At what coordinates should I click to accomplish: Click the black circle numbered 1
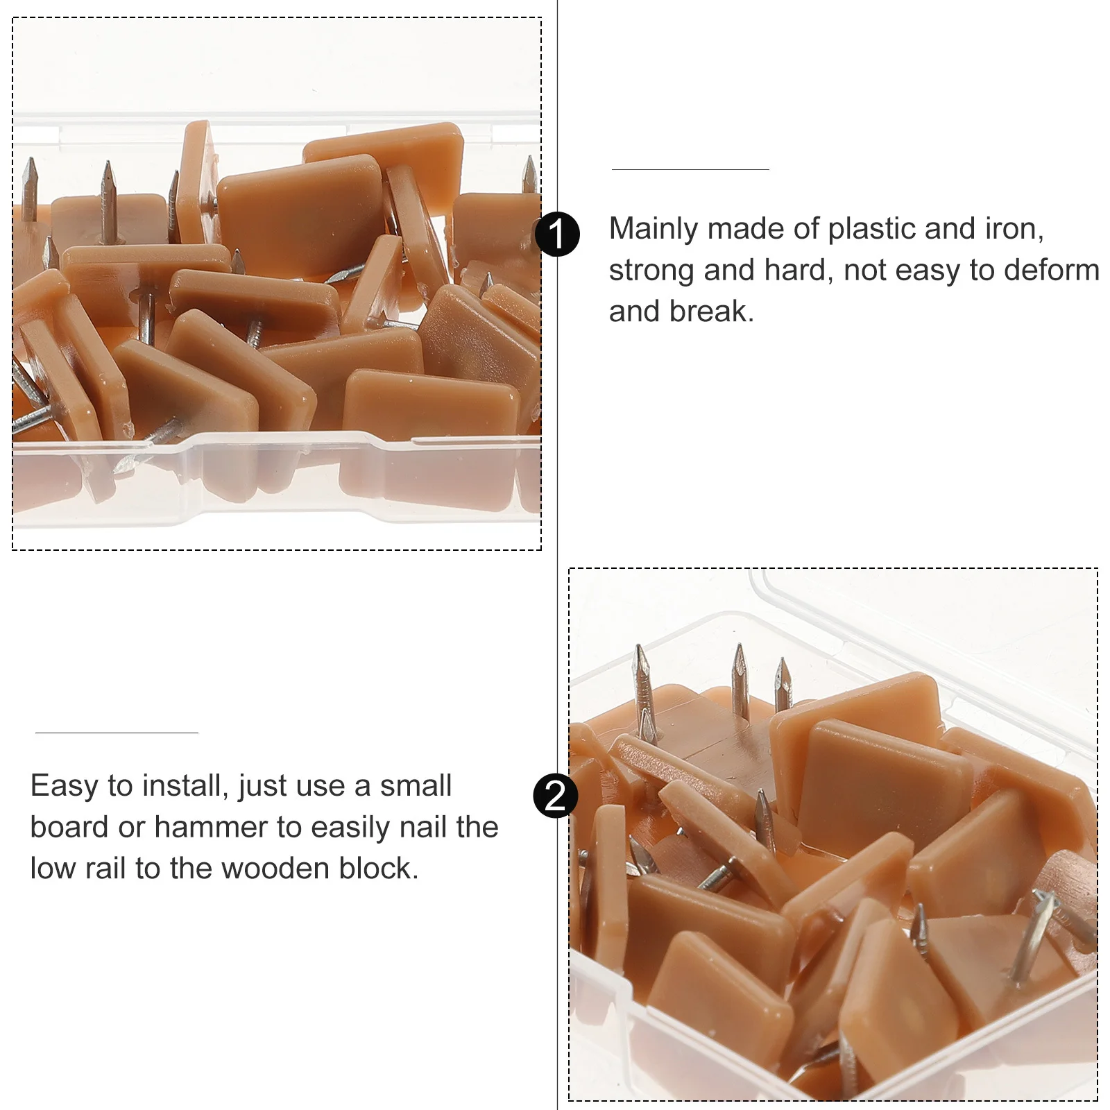[x=557, y=234]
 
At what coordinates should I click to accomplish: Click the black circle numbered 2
[x=555, y=796]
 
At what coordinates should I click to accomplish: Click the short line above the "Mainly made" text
[x=690, y=169]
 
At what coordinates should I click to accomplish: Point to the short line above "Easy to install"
[x=117, y=733]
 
